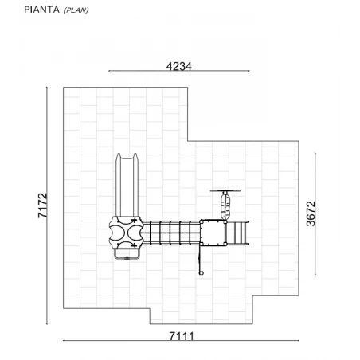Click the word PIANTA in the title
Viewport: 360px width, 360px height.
pyautogui.click(x=41, y=10)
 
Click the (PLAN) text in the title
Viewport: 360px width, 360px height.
pyautogui.click(x=76, y=10)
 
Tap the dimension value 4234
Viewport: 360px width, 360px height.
pyautogui.click(x=178, y=66)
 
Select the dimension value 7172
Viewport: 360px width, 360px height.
pyautogui.click(x=42, y=205)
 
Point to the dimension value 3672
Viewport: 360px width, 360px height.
pyautogui.click(x=311, y=213)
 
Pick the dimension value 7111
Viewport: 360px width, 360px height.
pyautogui.click(x=182, y=336)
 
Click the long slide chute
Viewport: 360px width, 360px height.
pyautogui.click(x=127, y=185)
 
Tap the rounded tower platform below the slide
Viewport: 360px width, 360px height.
pyautogui.click(x=126, y=233)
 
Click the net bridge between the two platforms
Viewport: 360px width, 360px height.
pyautogui.click(x=171, y=233)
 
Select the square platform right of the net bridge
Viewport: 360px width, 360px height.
pyautogui.click(x=213, y=233)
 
